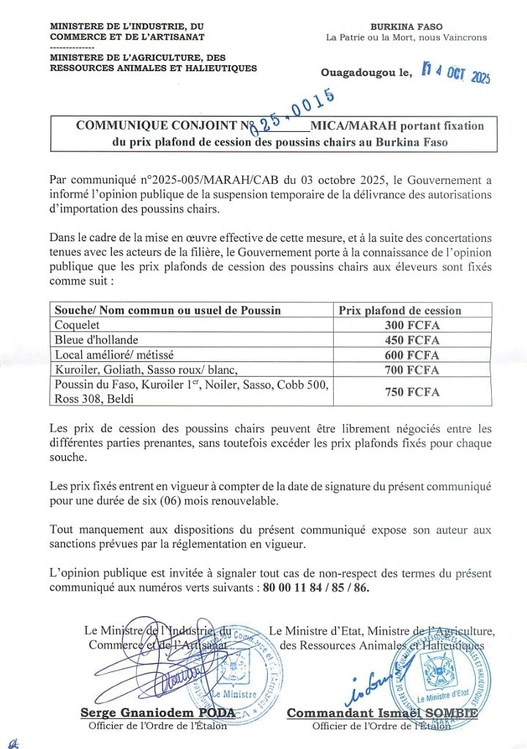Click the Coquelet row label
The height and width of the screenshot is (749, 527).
pyautogui.click(x=78, y=325)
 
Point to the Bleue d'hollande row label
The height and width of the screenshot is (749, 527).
pyautogui.click(x=94, y=339)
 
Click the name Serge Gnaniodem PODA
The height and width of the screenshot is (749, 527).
pyautogui.click(x=157, y=712)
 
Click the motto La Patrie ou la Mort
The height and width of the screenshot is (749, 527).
pyautogui.click(x=406, y=37)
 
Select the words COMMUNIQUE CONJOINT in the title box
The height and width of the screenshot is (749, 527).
pyautogui.click(x=158, y=125)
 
